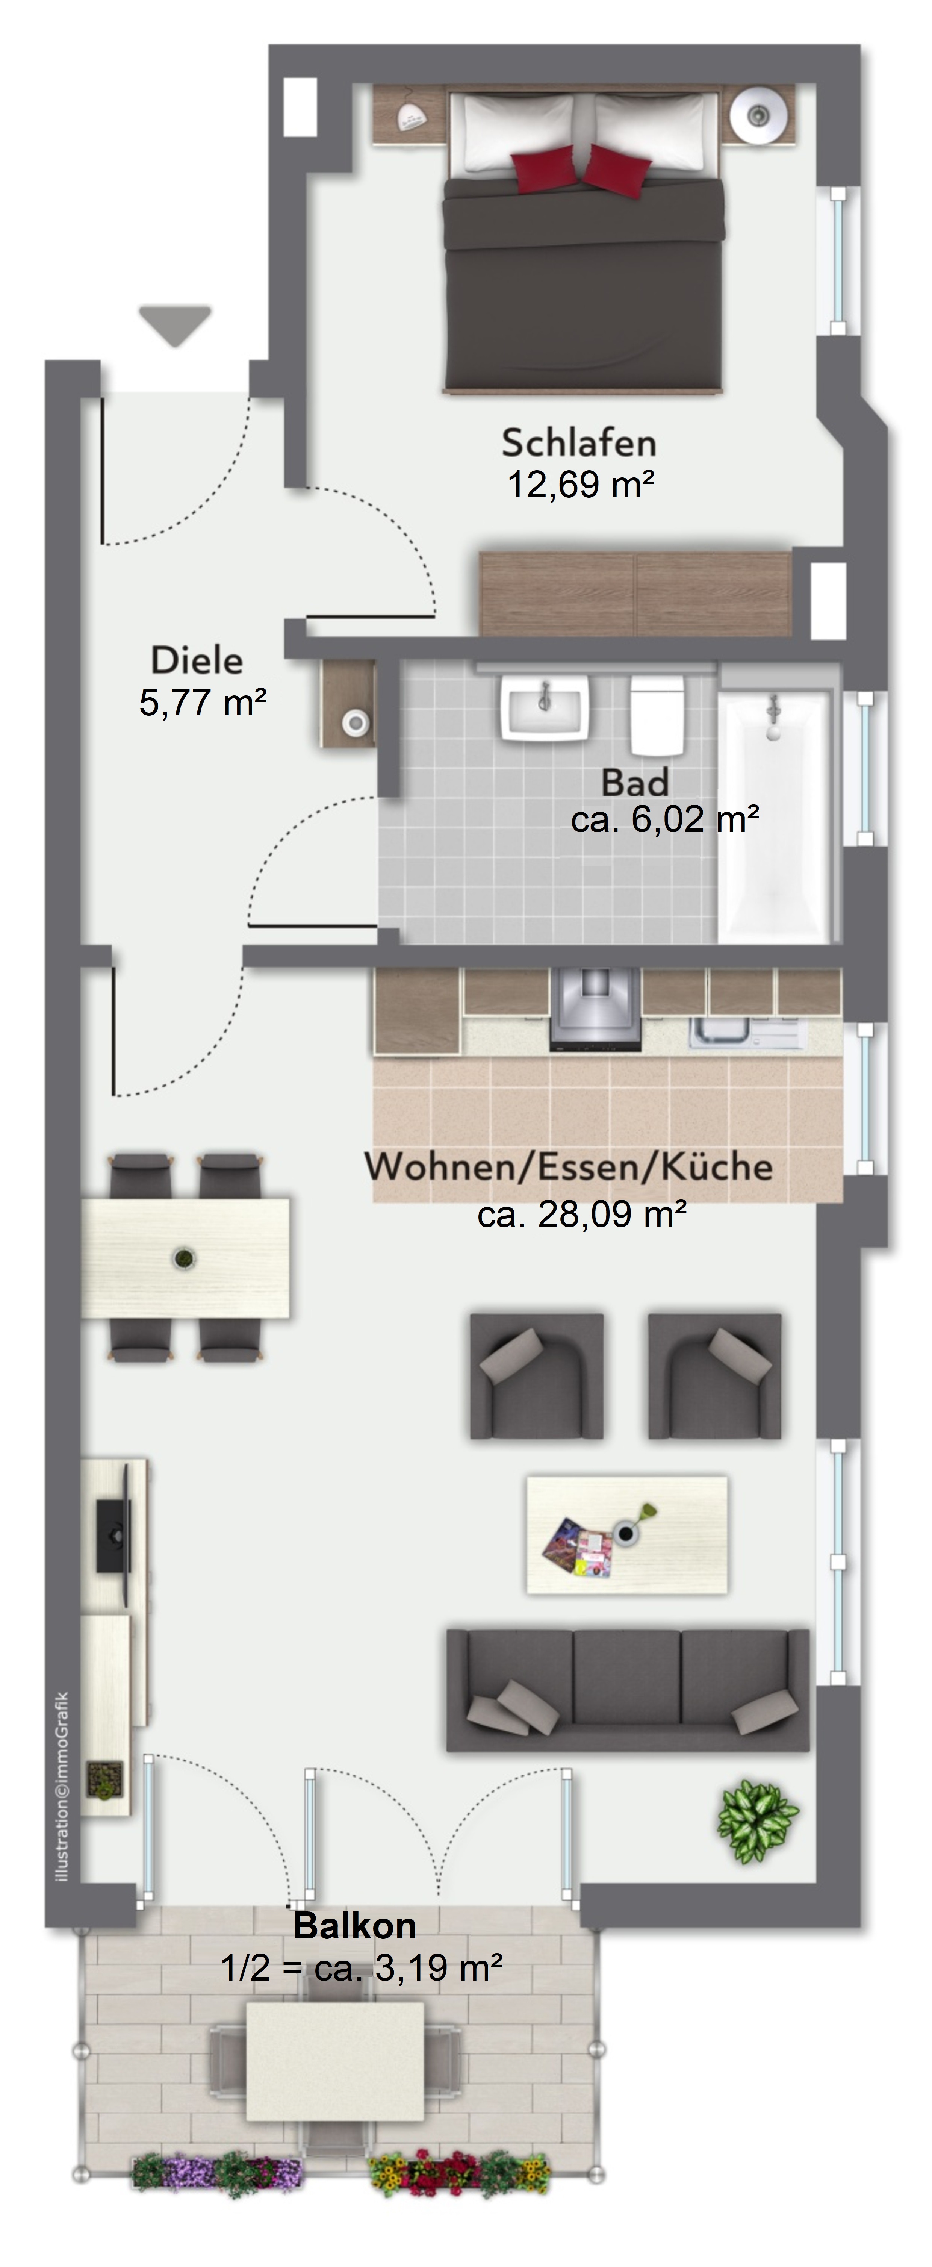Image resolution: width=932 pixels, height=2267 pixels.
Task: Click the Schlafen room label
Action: (x=579, y=443)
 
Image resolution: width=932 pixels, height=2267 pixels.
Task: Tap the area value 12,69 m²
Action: (x=581, y=485)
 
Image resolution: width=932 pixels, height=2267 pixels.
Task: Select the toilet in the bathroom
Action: (x=657, y=715)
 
